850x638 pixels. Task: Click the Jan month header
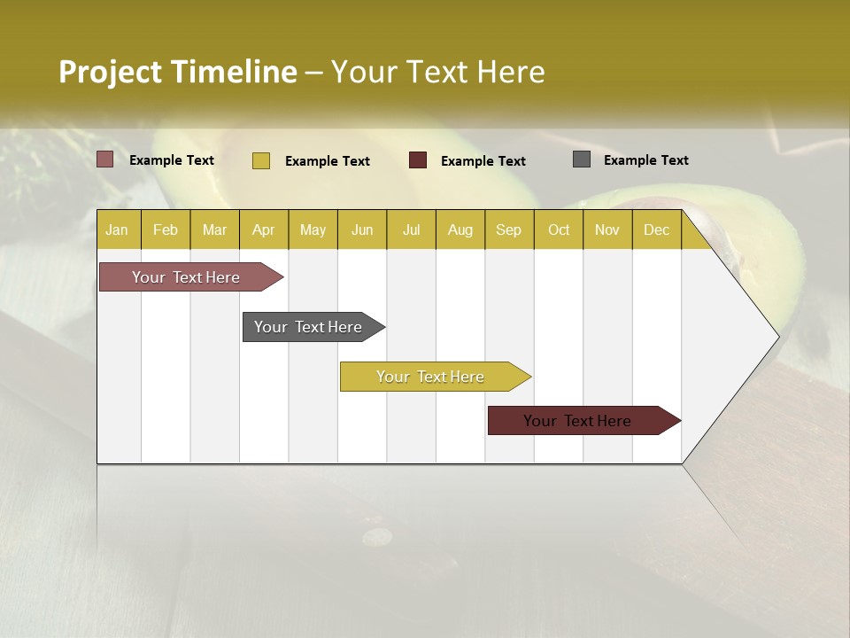117,230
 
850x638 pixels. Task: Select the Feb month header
166,230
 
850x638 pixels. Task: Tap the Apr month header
263,230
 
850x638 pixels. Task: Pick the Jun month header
362,230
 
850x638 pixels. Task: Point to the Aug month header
460,230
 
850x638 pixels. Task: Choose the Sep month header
508,230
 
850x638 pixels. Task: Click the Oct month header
559,230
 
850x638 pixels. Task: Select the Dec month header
656,230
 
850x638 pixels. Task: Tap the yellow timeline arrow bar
431,377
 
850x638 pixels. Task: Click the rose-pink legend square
105,159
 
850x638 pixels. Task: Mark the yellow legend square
260,160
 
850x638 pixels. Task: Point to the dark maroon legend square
418,160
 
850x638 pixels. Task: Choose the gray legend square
582,159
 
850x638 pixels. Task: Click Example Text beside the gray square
645,159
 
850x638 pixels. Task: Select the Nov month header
607,230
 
